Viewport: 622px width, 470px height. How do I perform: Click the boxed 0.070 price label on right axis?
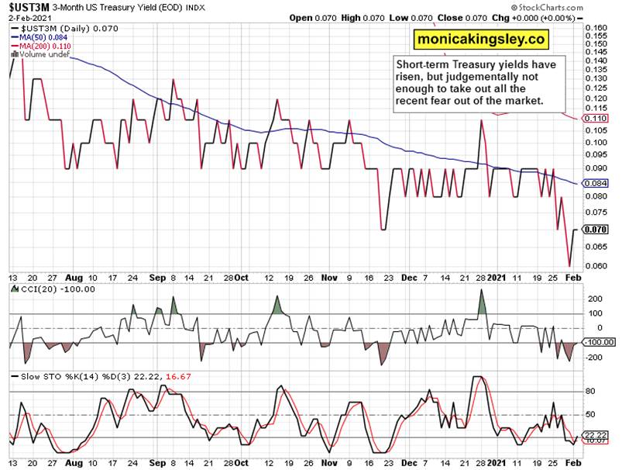tap(596, 230)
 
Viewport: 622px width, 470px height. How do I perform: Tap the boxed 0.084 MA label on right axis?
tap(596, 184)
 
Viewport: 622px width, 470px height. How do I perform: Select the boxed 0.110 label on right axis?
tap(596, 118)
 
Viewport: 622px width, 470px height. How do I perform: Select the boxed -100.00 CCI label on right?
tap(597, 342)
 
